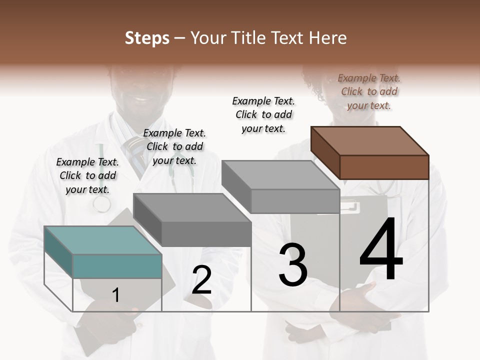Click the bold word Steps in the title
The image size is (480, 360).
tap(147, 38)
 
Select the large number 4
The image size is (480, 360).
tap(381, 250)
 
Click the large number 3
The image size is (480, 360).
tap(293, 265)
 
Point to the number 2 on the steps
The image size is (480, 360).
tap(202, 280)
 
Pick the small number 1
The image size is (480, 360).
tap(116, 295)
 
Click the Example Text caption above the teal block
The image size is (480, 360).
tap(87, 175)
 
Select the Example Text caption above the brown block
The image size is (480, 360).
tap(369, 91)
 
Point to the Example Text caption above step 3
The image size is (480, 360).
tap(263, 114)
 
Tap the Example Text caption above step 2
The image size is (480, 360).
tap(174, 146)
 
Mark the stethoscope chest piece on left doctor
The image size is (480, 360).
tap(102, 203)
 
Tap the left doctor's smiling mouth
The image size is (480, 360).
tap(140, 96)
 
